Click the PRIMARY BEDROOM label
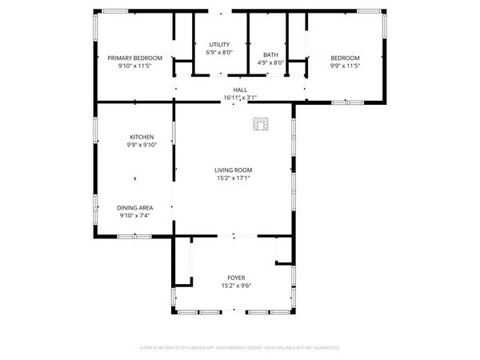135,58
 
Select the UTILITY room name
220,44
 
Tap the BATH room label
271,54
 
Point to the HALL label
240,90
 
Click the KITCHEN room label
142,137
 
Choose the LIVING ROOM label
234,170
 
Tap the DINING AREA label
135,207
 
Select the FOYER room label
236,278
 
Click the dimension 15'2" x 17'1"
234,178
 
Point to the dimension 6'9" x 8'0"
220,52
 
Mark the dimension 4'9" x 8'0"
271,62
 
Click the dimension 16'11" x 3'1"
240,98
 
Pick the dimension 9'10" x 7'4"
135,215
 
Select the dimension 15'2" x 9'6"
236,286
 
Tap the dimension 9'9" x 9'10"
142,145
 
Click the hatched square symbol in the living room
260,123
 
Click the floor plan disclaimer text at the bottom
240,348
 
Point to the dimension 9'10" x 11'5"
135,66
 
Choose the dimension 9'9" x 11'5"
345,66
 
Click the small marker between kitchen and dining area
135,178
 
